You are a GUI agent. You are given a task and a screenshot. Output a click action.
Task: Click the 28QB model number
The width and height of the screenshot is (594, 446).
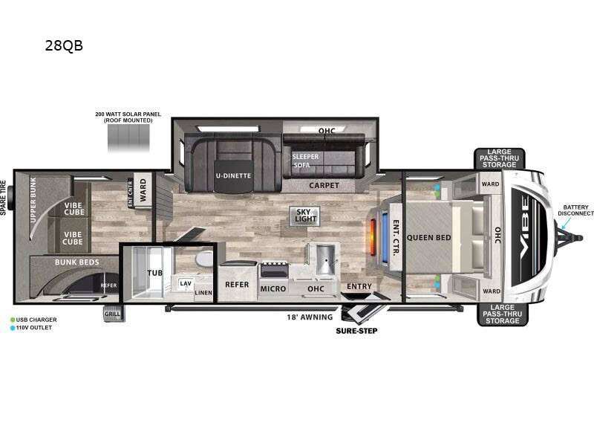(64, 45)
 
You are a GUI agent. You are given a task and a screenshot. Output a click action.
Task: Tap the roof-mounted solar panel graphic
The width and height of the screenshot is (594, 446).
(128, 137)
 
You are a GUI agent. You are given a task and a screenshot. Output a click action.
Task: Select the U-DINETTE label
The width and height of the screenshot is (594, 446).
(233, 175)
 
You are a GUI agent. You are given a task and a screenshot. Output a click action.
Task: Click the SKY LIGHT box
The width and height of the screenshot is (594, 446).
(305, 215)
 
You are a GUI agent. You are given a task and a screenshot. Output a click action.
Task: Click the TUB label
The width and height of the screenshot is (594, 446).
(155, 274)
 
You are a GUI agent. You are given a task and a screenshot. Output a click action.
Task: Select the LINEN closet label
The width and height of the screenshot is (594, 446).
(203, 292)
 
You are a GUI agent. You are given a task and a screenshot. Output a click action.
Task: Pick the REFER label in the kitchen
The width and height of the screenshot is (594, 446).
(237, 284)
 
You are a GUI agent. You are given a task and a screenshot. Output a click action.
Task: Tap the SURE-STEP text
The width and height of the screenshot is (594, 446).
(356, 330)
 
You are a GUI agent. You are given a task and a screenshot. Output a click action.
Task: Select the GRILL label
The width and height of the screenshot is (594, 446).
(112, 314)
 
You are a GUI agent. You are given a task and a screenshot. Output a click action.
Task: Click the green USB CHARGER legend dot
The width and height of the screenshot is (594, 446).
(13, 320)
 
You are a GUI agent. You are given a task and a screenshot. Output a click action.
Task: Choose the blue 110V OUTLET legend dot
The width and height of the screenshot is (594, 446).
(13, 328)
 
